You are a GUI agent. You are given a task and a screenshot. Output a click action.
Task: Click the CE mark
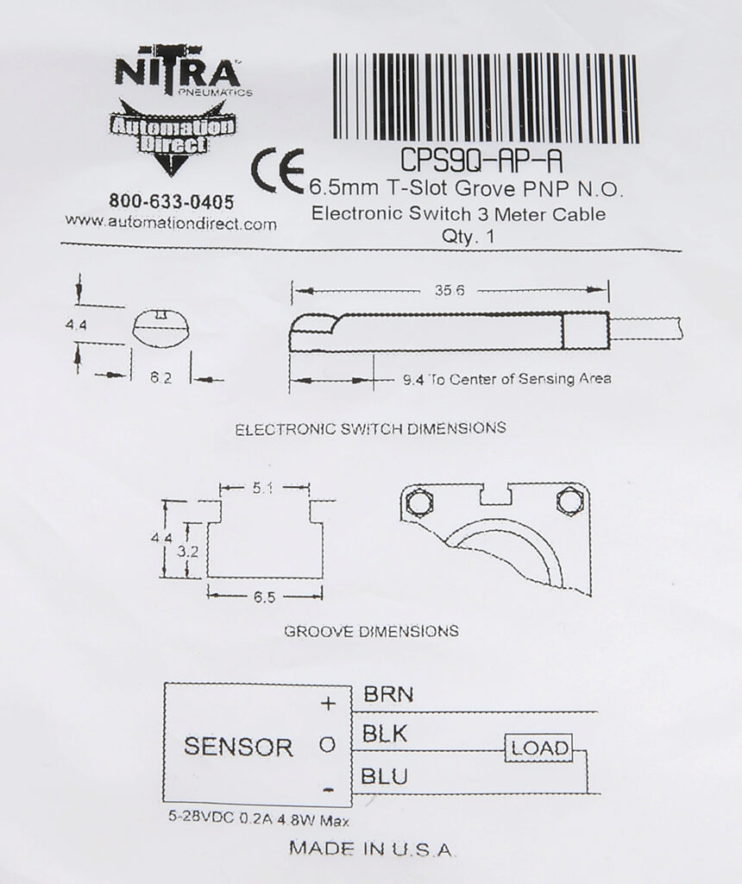pyautogui.click(x=277, y=172)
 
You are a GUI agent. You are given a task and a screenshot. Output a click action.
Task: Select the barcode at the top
pyautogui.click(x=486, y=97)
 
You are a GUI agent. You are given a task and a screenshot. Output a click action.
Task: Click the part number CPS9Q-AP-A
pyautogui.click(x=481, y=160)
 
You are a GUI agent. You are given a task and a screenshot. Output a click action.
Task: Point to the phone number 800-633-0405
pyautogui.click(x=172, y=201)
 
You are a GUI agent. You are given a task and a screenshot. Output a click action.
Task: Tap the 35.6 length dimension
pyautogui.click(x=450, y=290)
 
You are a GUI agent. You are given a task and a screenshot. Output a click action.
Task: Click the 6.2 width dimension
pyautogui.click(x=160, y=378)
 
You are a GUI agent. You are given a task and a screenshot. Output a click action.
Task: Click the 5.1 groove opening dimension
pyautogui.click(x=263, y=489)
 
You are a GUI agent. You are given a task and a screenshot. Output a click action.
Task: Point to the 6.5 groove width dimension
pyautogui.click(x=264, y=597)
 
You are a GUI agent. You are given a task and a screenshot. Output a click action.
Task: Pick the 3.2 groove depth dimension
pyautogui.click(x=187, y=552)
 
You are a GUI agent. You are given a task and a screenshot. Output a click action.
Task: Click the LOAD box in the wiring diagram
pyautogui.click(x=538, y=748)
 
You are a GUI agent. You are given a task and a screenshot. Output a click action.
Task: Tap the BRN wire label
pyautogui.click(x=388, y=694)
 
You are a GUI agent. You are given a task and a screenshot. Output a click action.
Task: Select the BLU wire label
pyautogui.click(x=384, y=776)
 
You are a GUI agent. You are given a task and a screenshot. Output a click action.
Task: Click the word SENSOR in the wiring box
pyautogui.click(x=238, y=747)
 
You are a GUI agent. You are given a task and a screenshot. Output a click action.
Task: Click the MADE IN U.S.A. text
pyautogui.click(x=371, y=848)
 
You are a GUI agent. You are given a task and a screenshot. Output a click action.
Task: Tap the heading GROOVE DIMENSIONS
pyautogui.click(x=371, y=631)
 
